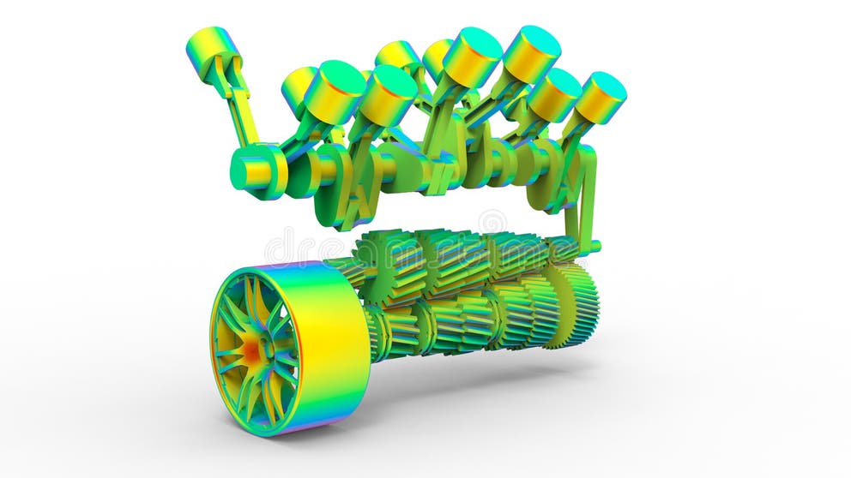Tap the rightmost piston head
(x=600, y=98)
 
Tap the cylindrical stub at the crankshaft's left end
(x=255, y=172)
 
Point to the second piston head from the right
(x=554, y=94)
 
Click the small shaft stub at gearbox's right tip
(x=594, y=248)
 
